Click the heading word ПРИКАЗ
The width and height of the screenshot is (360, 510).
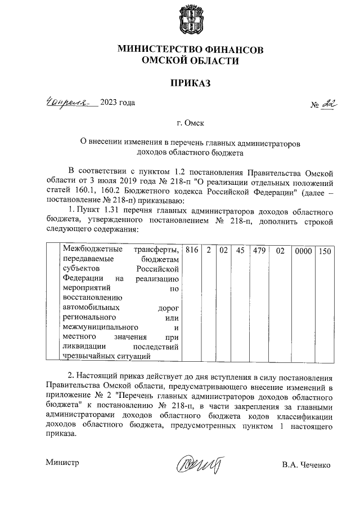click(190, 83)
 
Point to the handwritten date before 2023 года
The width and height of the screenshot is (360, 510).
click(71, 102)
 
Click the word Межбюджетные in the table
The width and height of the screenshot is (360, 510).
click(89, 249)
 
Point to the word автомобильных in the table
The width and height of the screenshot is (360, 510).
click(91, 308)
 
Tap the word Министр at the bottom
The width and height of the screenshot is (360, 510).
click(62, 463)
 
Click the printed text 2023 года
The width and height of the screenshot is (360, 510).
click(118, 102)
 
